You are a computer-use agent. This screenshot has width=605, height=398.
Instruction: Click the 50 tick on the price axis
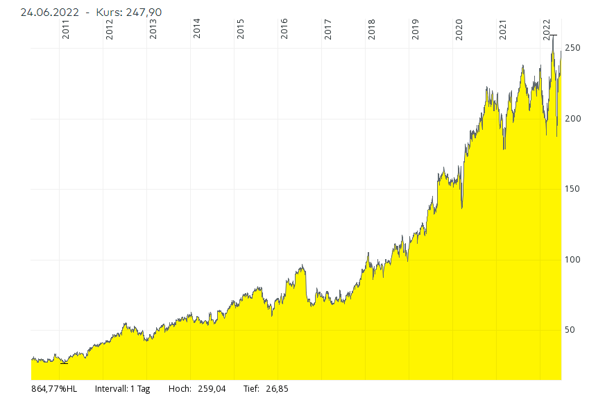[570, 330]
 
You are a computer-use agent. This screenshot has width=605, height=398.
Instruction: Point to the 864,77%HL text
[55, 389]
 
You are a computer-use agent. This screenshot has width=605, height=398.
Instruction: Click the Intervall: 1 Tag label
[122, 389]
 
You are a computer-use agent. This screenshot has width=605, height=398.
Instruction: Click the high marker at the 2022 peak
[553, 35]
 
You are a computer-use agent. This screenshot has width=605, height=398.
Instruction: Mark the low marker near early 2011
[65, 363]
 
